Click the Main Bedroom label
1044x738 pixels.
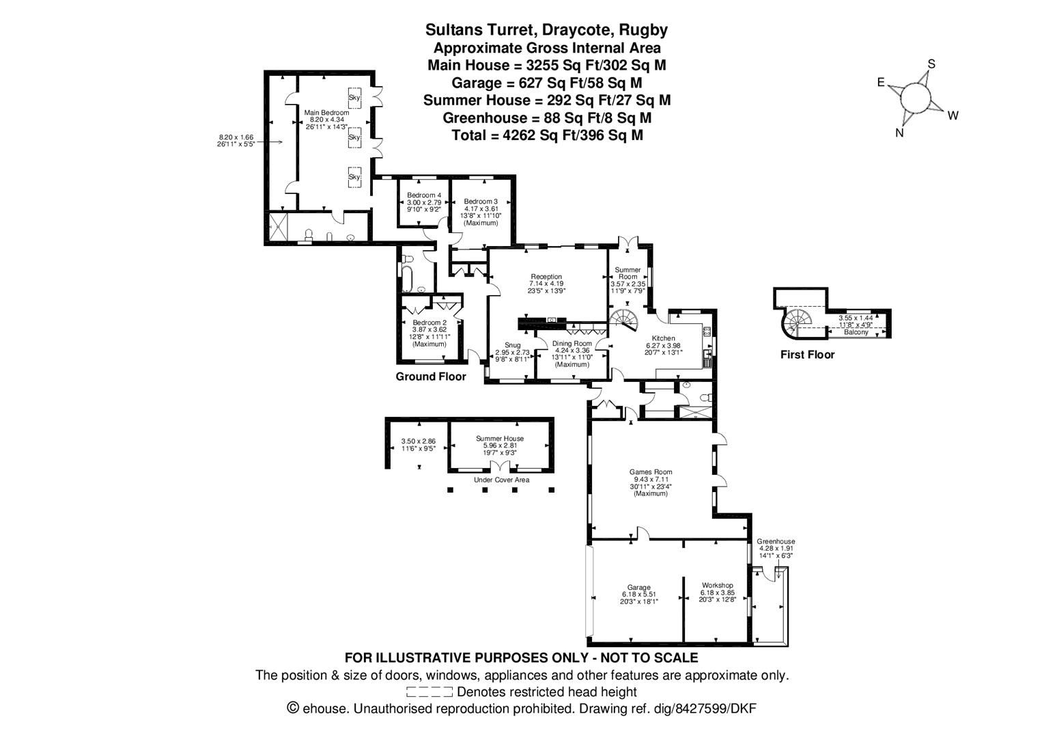[326, 112]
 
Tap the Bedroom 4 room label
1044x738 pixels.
[424, 195]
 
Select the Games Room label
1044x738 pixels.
[650, 471]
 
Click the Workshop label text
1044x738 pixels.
[717, 586]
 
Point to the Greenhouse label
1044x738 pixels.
[776, 542]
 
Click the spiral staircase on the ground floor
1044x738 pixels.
[623, 320]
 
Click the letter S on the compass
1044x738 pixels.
[931, 65]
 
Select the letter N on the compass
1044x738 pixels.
[899, 133]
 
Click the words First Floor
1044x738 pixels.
[807, 355]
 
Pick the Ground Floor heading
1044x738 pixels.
[431, 377]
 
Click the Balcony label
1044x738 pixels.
[856, 332]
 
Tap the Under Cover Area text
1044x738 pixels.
[501, 480]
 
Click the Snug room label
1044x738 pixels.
[512, 345]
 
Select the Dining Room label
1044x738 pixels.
[572, 344]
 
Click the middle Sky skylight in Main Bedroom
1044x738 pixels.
[354, 137]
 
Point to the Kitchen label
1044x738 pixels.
[663, 338]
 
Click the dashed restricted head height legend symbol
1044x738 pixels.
[429, 692]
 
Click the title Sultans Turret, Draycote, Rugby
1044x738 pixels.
[546, 30]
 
